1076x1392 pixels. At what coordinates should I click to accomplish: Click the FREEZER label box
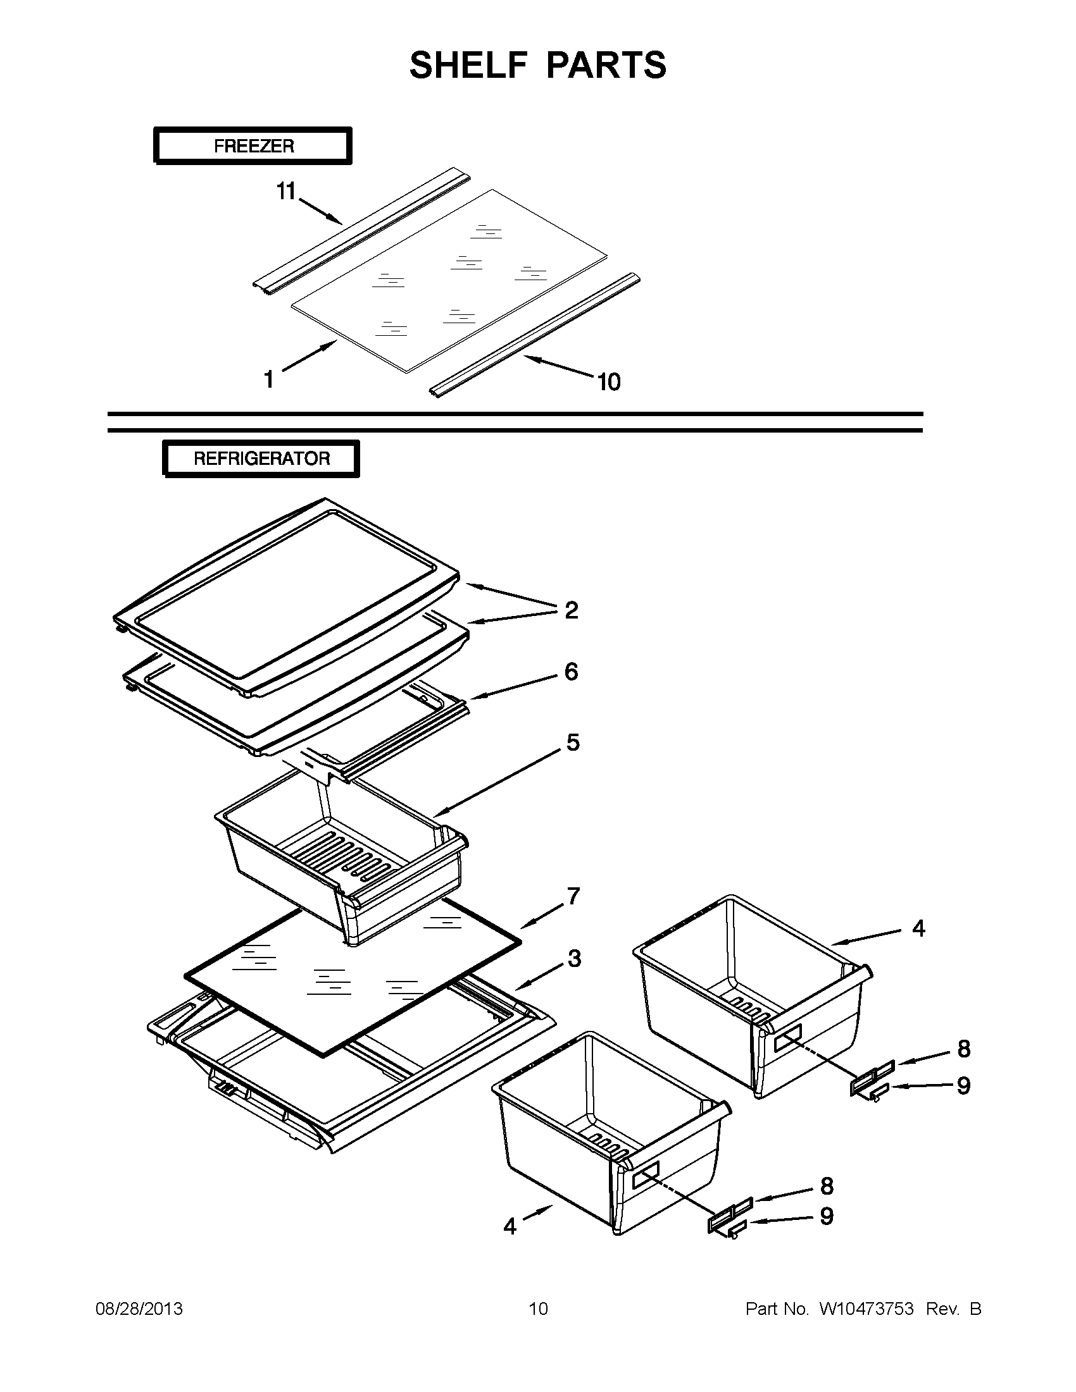[x=253, y=146]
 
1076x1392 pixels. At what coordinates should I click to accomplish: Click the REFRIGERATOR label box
[x=261, y=459]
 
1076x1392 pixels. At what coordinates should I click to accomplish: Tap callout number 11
[x=285, y=190]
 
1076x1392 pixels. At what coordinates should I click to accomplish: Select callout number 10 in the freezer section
[x=608, y=382]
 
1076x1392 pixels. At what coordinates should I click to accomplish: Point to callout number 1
[x=269, y=380]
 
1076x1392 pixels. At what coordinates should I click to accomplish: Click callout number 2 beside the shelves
[x=572, y=610]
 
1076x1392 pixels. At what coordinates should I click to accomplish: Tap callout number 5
[x=573, y=742]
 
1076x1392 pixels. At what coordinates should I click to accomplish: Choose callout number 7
[x=573, y=896]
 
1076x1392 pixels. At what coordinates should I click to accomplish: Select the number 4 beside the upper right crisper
[x=918, y=928]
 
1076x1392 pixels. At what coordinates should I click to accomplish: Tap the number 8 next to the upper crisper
[x=964, y=1049]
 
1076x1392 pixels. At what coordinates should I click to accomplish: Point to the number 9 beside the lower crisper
[x=826, y=1216]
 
